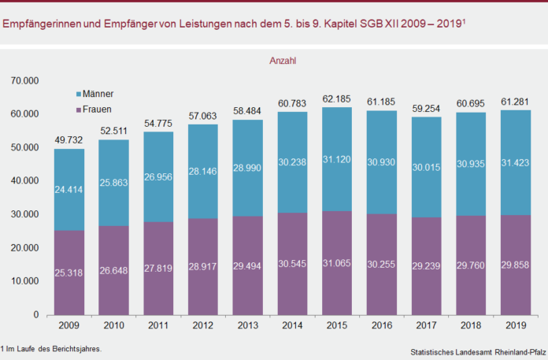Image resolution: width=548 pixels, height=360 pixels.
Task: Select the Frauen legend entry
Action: [98, 108]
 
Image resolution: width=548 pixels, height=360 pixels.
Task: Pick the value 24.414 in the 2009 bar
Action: [69, 190]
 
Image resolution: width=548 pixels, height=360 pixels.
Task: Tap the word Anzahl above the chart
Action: [283, 61]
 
